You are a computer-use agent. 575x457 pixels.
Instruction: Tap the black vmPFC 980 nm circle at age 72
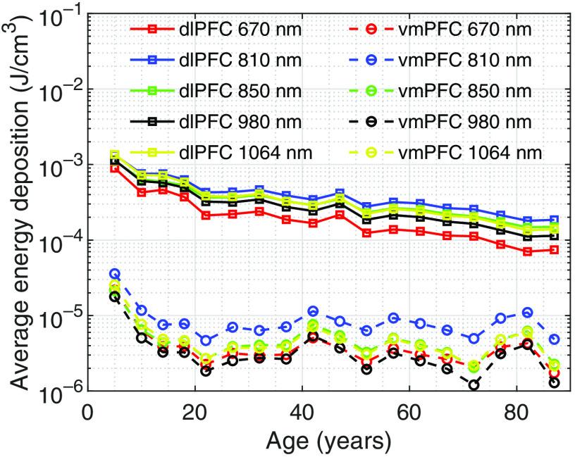[474, 384]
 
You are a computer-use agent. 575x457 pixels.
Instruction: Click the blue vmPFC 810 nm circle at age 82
[527, 312]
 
